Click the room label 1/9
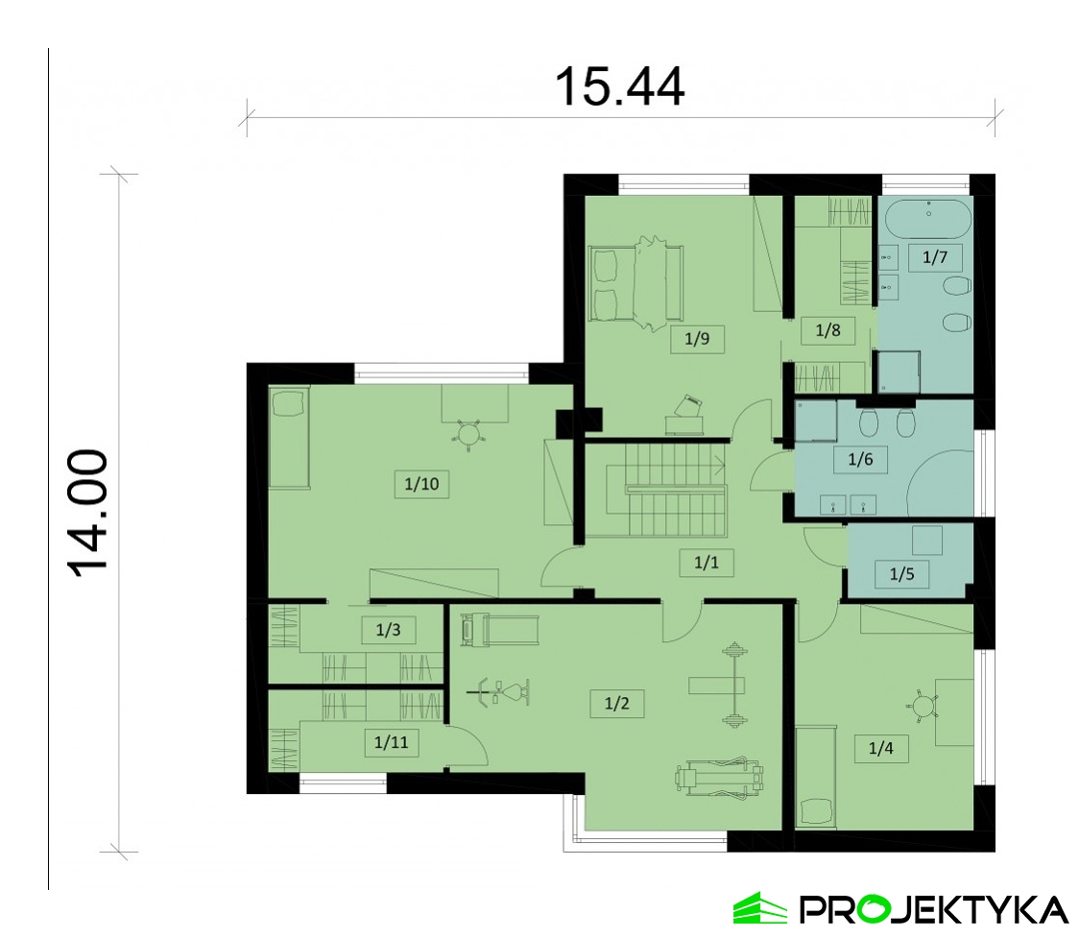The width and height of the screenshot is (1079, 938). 696,339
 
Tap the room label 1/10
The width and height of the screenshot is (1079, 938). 421,484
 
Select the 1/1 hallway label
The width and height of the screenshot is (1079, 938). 706,563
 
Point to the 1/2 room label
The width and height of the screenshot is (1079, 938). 616,703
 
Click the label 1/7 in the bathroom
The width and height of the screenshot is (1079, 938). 934,257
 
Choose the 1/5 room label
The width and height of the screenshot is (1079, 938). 901,573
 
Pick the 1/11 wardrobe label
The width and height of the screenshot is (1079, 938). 391,742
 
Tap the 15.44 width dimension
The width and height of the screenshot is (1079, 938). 619,86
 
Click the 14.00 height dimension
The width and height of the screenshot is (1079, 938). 88,513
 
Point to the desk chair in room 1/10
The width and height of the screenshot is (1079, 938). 469,434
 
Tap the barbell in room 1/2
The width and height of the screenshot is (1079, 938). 734,685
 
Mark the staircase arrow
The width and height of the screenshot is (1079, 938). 718,466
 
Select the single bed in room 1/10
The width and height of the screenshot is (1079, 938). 289,438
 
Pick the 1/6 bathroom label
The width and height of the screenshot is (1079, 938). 860,459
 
